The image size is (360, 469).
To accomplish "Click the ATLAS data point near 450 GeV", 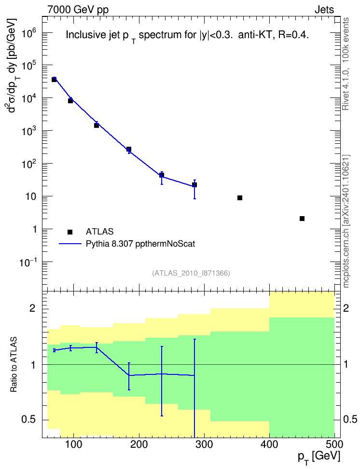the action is click(x=302, y=219).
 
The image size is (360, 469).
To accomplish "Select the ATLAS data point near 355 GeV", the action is click(x=240, y=198).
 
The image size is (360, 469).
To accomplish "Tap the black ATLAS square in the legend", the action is click(x=70, y=232).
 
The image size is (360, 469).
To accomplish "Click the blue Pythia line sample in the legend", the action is click(x=70, y=244).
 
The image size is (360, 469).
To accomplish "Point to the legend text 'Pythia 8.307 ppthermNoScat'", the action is click(x=140, y=244).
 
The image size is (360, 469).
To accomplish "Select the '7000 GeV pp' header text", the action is click(x=78, y=10).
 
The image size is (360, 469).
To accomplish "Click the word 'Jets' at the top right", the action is click(x=324, y=10).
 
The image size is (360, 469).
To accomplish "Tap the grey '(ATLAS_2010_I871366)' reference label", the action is click(x=191, y=273).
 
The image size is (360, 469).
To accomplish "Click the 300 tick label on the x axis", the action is click(x=205, y=444).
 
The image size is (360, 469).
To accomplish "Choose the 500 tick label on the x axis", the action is click(x=334, y=444).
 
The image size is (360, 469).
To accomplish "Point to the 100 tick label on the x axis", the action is click(x=74, y=444).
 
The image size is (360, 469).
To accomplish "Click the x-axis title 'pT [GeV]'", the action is click(x=319, y=457).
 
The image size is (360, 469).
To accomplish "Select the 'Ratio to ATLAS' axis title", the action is click(x=14, y=365).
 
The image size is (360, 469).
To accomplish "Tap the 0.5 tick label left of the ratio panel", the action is click(x=29, y=420).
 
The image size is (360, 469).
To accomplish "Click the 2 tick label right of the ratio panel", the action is click(x=346, y=308).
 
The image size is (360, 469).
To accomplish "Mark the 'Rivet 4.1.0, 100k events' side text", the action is click(x=346, y=64).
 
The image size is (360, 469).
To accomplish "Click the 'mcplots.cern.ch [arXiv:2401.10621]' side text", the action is click(x=346, y=221).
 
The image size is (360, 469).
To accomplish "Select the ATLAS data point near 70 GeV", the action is click(x=54, y=79).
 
